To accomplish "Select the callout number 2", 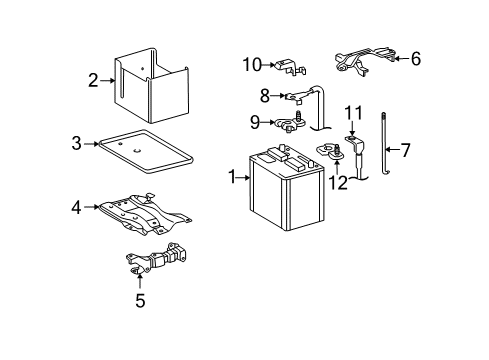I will [93, 80].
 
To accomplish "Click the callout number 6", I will [415, 59].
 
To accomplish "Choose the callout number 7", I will [405, 152].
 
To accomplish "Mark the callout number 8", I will [265, 97].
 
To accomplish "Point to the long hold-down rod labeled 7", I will [384, 150].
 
